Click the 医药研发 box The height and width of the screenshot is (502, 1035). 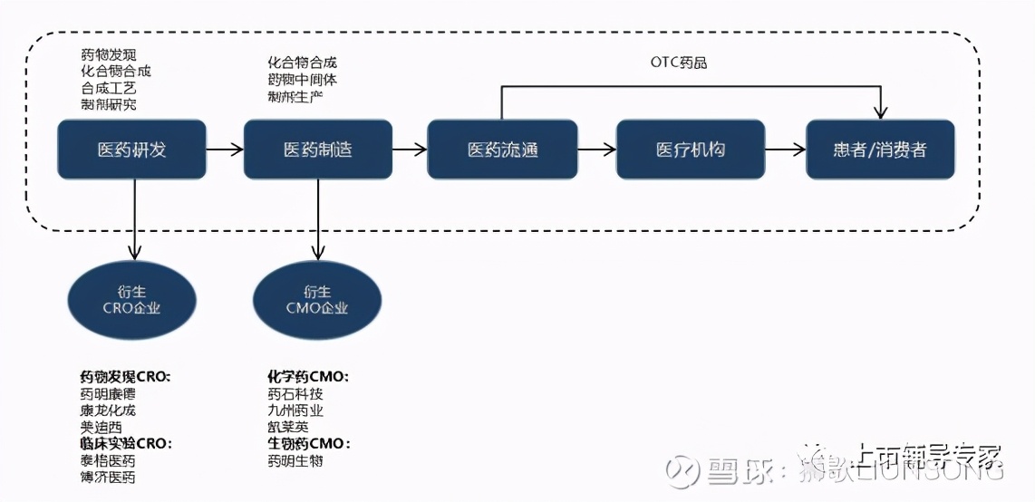[x=132, y=150]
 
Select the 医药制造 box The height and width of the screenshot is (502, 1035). [x=318, y=150]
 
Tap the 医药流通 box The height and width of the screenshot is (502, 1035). [x=502, y=150]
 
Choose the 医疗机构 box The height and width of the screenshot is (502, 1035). [x=691, y=150]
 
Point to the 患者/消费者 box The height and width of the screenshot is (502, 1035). [x=880, y=150]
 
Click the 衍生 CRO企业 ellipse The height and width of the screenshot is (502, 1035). [x=132, y=299]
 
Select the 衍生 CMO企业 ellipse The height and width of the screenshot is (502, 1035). [x=317, y=299]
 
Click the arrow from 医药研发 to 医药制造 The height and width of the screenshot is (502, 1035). [x=225, y=150]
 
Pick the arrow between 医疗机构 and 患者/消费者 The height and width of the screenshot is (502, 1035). [x=786, y=150]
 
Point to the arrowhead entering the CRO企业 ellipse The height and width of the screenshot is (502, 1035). [x=133, y=253]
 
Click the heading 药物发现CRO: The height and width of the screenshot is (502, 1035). [x=125, y=376]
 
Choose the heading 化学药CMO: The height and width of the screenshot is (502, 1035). [x=307, y=376]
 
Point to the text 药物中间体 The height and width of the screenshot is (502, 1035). [x=302, y=80]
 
